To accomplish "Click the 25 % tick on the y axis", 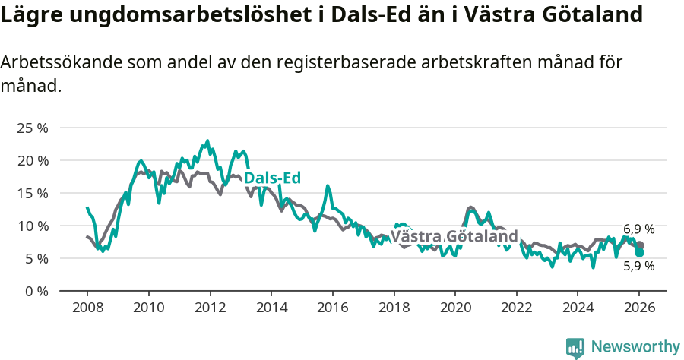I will pyautogui.click(x=32, y=128).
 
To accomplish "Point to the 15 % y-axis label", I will pyautogui.click(x=32, y=193).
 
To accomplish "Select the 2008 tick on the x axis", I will pyautogui.click(x=87, y=308).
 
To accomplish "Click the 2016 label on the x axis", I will pyautogui.click(x=332, y=308).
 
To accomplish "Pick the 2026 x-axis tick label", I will pyautogui.click(x=639, y=308).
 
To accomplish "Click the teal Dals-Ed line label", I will pyautogui.click(x=272, y=178).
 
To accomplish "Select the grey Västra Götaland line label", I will pyautogui.click(x=454, y=235).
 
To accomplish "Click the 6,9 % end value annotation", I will pyautogui.click(x=638, y=229).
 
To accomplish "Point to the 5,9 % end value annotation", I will pyautogui.click(x=638, y=266).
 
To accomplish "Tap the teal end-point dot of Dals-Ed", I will pyautogui.click(x=640, y=252).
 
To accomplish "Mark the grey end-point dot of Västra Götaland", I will pyautogui.click(x=640, y=245).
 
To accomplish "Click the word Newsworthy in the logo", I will pyautogui.click(x=635, y=346).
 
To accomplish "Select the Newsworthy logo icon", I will pyautogui.click(x=575, y=347).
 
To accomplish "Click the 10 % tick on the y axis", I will pyautogui.click(x=32, y=226).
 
